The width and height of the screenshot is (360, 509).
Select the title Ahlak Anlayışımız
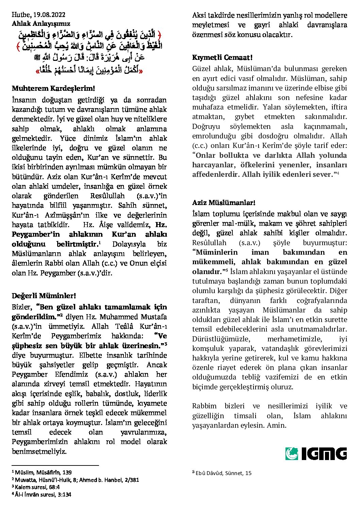pyautogui.click(x=41, y=23)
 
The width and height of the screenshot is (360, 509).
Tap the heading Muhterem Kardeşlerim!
pyautogui.click(x=53, y=89)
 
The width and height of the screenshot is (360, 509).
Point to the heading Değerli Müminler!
pyautogui.click(x=44, y=295)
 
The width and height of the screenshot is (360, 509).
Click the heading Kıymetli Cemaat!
pyautogui.click(x=222, y=57)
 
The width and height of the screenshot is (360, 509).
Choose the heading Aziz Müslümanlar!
pyautogui.click(x=224, y=203)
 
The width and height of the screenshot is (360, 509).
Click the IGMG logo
pyautogui.click(x=316, y=454)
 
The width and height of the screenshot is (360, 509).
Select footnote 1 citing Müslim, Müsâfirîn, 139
pyautogui.click(x=42, y=472)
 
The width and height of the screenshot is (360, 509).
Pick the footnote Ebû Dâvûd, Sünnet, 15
pyautogui.click(x=222, y=473)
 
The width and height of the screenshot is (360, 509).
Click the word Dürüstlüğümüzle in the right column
pyautogui.click(x=221, y=339)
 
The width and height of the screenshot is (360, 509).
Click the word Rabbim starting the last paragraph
pyautogui.click(x=204, y=406)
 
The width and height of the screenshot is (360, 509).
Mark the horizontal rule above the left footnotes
pyautogui.click(x=55, y=465)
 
